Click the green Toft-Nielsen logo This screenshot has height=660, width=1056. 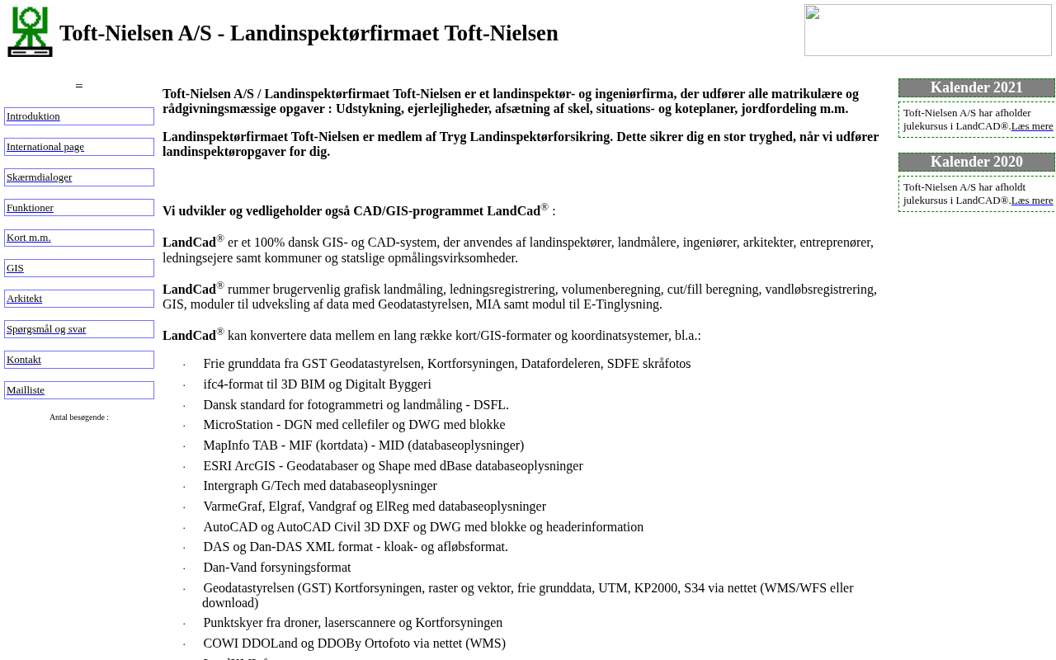(x=30, y=32)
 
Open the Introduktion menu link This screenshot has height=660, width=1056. (x=33, y=116)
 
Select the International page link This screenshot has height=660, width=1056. (x=45, y=147)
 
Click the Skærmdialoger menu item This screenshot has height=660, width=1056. (x=39, y=177)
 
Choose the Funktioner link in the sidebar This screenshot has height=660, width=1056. (x=30, y=208)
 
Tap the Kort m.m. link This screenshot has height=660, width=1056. (x=29, y=238)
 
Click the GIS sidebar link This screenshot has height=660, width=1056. (x=15, y=268)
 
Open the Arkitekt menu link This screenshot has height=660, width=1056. (x=24, y=299)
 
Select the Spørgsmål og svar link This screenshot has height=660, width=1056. (x=46, y=329)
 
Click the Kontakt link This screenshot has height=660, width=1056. (x=24, y=360)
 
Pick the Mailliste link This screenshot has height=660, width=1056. (x=26, y=390)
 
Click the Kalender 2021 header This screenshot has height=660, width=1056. (x=976, y=87)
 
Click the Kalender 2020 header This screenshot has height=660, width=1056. (x=976, y=162)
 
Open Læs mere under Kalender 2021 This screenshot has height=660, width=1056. (x=1032, y=126)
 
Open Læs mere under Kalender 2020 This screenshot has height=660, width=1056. (x=1032, y=200)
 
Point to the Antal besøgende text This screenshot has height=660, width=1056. (x=79, y=417)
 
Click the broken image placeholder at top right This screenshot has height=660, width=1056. (x=927, y=31)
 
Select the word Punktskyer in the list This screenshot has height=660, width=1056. (x=234, y=623)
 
